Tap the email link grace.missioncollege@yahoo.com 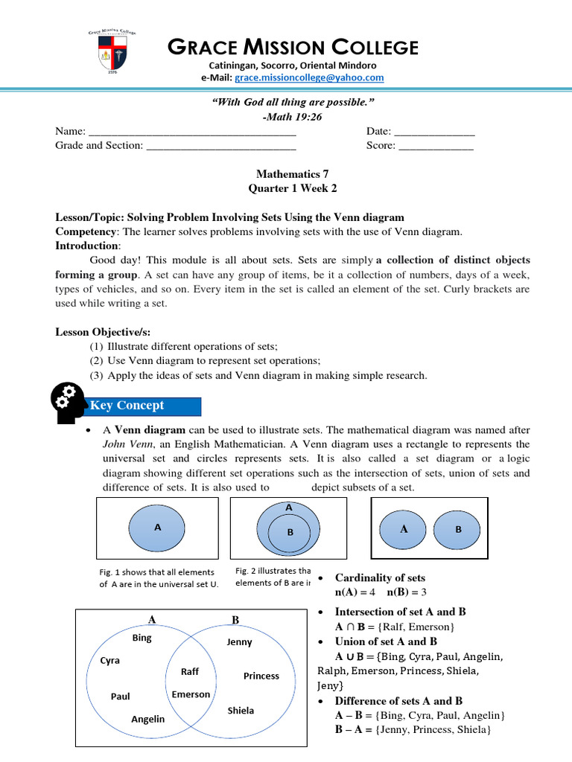pos(309,77)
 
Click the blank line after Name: pos(192,132)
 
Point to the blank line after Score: pos(436,146)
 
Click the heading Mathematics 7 pos(286,174)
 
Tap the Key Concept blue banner pos(144,406)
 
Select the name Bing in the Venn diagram pos(142,638)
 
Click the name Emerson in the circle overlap pos(191,694)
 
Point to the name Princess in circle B pos(261,676)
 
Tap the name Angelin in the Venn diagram pos(148,720)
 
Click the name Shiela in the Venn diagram pos(241,711)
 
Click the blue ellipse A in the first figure pos(157,527)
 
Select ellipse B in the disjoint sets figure pos(458,529)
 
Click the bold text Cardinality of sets pos(380,578)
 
